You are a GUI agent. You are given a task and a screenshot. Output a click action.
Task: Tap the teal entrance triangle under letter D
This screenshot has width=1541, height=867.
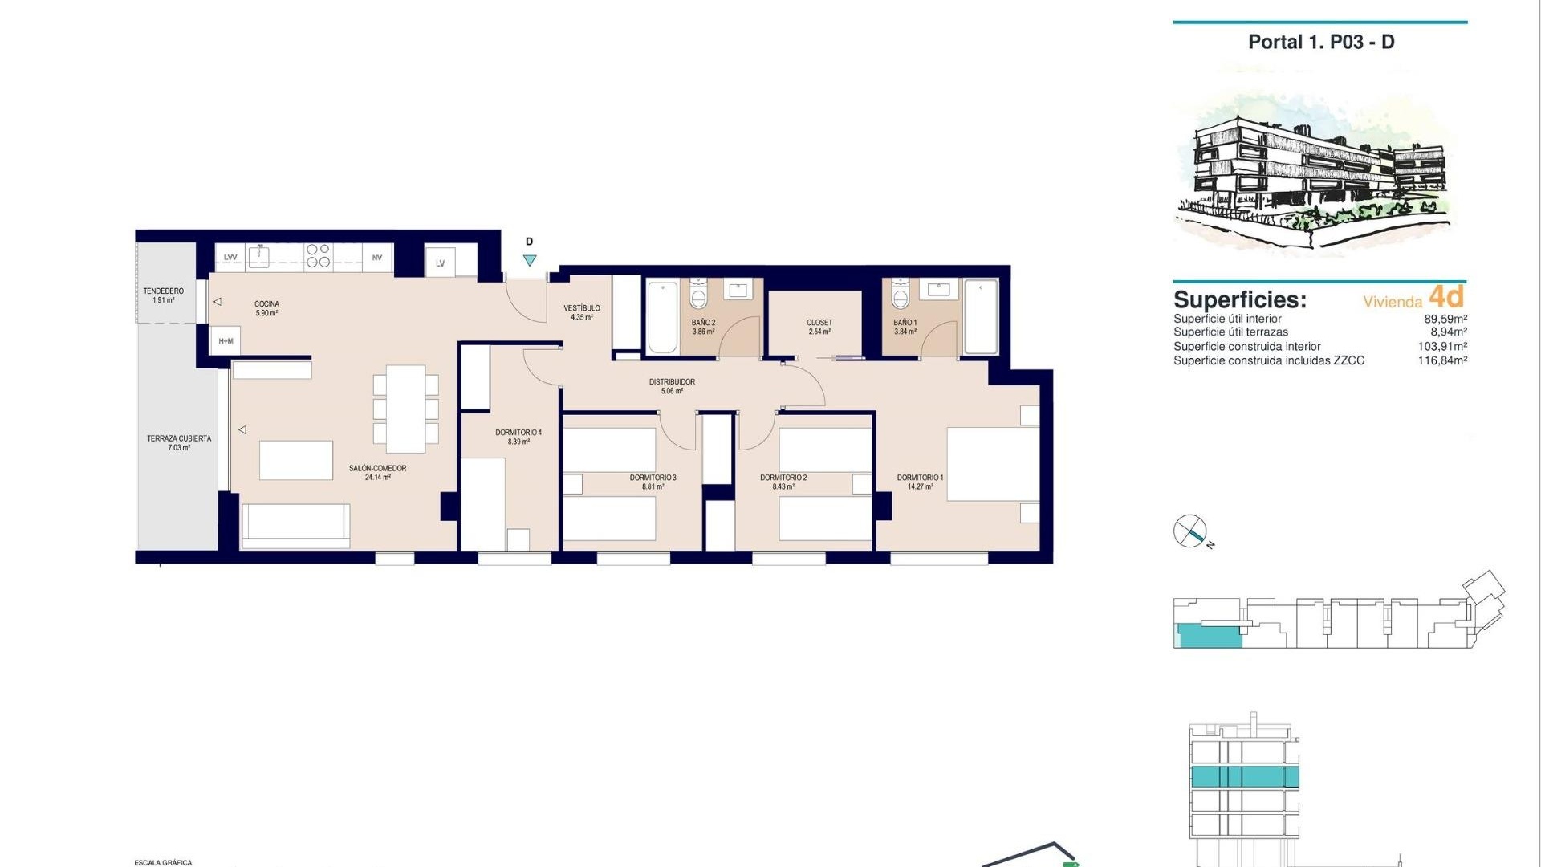[x=530, y=260]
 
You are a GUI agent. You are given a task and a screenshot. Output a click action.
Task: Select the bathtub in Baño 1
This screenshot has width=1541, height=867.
[x=981, y=316]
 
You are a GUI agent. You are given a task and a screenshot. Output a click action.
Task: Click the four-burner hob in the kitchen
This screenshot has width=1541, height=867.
[x=318, y=256]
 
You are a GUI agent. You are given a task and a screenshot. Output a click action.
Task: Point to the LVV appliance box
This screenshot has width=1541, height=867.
[x=230, y=258]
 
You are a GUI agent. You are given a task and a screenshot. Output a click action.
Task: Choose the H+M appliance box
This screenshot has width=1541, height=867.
[x=226, y=341]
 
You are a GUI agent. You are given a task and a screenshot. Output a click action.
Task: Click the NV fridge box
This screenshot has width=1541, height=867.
[x=377, y=258]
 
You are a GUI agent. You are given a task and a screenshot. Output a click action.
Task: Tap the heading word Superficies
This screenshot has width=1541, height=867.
[x=1239, y=300]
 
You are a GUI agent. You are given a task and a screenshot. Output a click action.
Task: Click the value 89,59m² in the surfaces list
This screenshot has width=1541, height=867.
[x=1445, y=319]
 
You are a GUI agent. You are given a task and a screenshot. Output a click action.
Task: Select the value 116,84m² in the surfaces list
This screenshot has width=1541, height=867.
[x=1442, y=361]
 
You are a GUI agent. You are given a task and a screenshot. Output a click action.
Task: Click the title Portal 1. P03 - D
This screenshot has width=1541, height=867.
[x=1321, y=43]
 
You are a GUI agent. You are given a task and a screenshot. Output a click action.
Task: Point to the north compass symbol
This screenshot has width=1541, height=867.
[x=1190, y=531]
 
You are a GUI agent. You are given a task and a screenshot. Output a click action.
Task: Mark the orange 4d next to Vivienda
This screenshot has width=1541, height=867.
[x=1446, y=297]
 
